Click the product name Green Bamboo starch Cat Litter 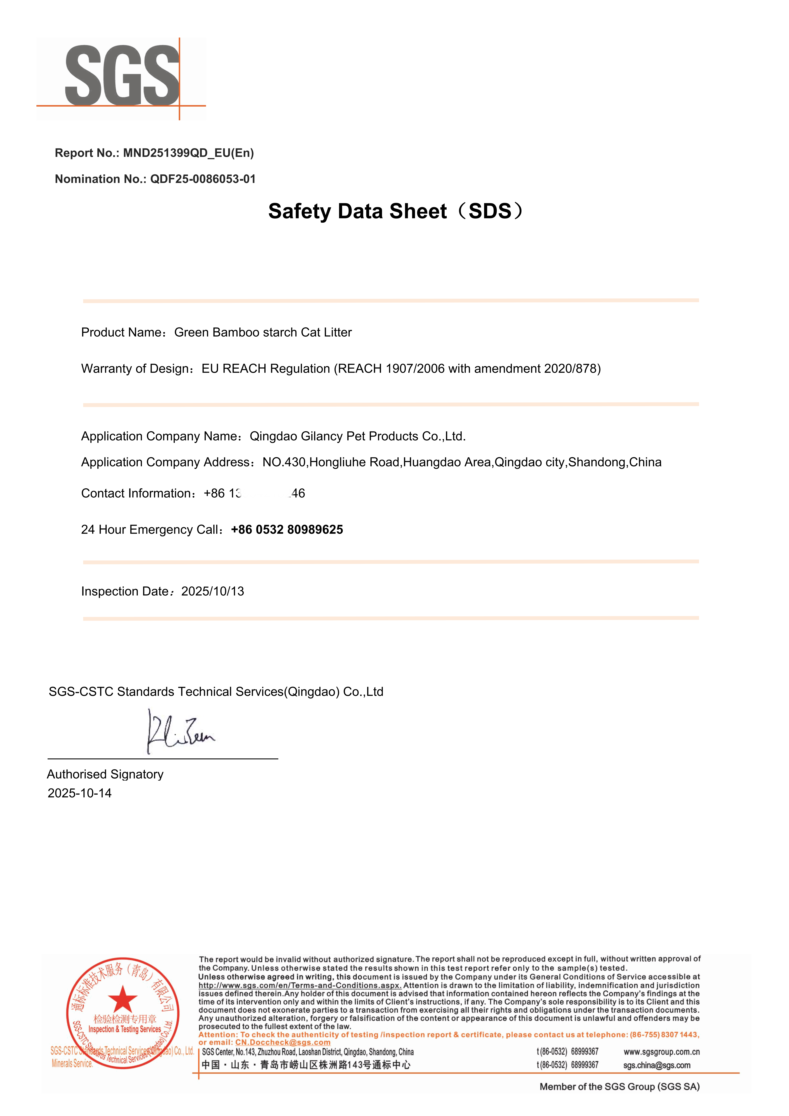point(263,332)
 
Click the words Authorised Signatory point(105,774)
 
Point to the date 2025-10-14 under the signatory point(80,793)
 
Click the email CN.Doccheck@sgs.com point(283,1043)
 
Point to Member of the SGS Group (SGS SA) point(619,1087)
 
